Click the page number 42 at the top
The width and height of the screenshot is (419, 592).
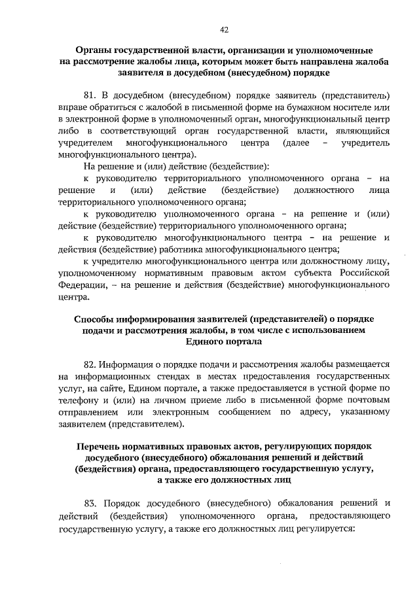pos(224,29)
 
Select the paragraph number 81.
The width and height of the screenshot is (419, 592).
pos(91,95)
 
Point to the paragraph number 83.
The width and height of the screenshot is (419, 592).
pos(91,503)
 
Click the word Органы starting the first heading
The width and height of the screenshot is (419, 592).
pos(94,50)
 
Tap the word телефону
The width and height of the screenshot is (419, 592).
pos(77,399)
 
